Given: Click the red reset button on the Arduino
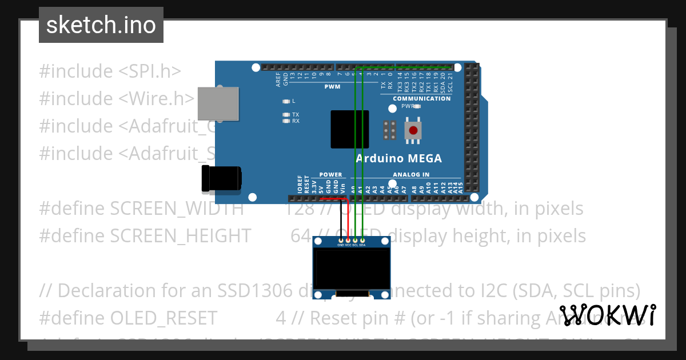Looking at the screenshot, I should pyautogui.click(x=413, y=130).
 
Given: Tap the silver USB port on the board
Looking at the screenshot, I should pyautogui.click(x=218, y=103).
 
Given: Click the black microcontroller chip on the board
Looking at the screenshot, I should pyautogui.click(x=349, y=129).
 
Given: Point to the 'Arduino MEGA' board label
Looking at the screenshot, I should pyautogui.click(x=398, y=158).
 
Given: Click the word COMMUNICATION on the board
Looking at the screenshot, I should pyautogui.click(x=421, y=98).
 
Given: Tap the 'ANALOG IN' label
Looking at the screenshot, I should pyautogui.click(x=411, y=174).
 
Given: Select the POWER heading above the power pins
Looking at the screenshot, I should pyautogui.click(x=330, y=174).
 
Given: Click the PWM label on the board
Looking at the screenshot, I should pyautogui.click(x=332, y=87).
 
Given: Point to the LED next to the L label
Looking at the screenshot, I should pyautogui.click(x=286, y=101).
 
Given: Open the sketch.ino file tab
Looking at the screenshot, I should pyautogui.click(x=101, y=25).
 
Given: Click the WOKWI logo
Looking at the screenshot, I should pyautogui.click(x=607, y=315).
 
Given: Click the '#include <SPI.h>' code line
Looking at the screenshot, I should pyautogui.click(x=110, y=71).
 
